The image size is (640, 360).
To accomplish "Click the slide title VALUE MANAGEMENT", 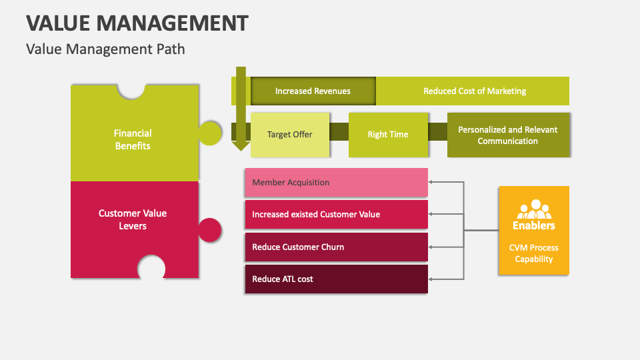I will pyautogui.click(x=137, y=23).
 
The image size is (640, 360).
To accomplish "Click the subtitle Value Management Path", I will pyautogui.click(x=105, y=49).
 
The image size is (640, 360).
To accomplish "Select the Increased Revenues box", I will pyautogui.click(x=313, y=91).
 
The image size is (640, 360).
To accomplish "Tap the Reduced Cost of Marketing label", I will pyautogui.click(x=474, y=91).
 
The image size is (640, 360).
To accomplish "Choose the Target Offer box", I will pyautogui.click(x=289, y=135).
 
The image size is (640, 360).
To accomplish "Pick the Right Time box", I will pyautogui.click(x=387, y=135).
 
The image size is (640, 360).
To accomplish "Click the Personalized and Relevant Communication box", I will pyautogui.click(x=507, y=135).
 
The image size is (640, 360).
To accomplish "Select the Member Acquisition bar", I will pyautogui.click(x=336, y=183).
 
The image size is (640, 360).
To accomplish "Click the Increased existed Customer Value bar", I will pyautogui.click(x=336, y=215).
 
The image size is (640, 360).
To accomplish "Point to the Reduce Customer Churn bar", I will pyautogui.click(x=336, y=247).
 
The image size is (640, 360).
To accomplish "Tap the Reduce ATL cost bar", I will pyautogui.click(x=336, y=279).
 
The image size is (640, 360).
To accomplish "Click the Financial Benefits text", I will pyautogui.click(x=133, y=139).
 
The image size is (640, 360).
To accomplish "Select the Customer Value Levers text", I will pyautogui.click(x=133, y=219).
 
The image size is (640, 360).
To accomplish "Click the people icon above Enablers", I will pyautogui.click(x=534, y=209).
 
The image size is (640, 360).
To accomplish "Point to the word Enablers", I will pyautogui.click(x=534, y=225).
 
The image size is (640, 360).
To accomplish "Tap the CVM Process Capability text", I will pyautogui.click(x=534, y=253).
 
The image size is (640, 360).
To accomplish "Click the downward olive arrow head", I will pyautogui.click(x=241, y=145).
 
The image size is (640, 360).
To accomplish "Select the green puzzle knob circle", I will pyautogui.click(x=211, y=133).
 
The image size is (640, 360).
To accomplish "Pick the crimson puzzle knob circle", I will pyautogui.click(x=211, y=230).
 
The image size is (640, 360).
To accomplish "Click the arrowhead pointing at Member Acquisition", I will pyautogui.click(x=431, y=181).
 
